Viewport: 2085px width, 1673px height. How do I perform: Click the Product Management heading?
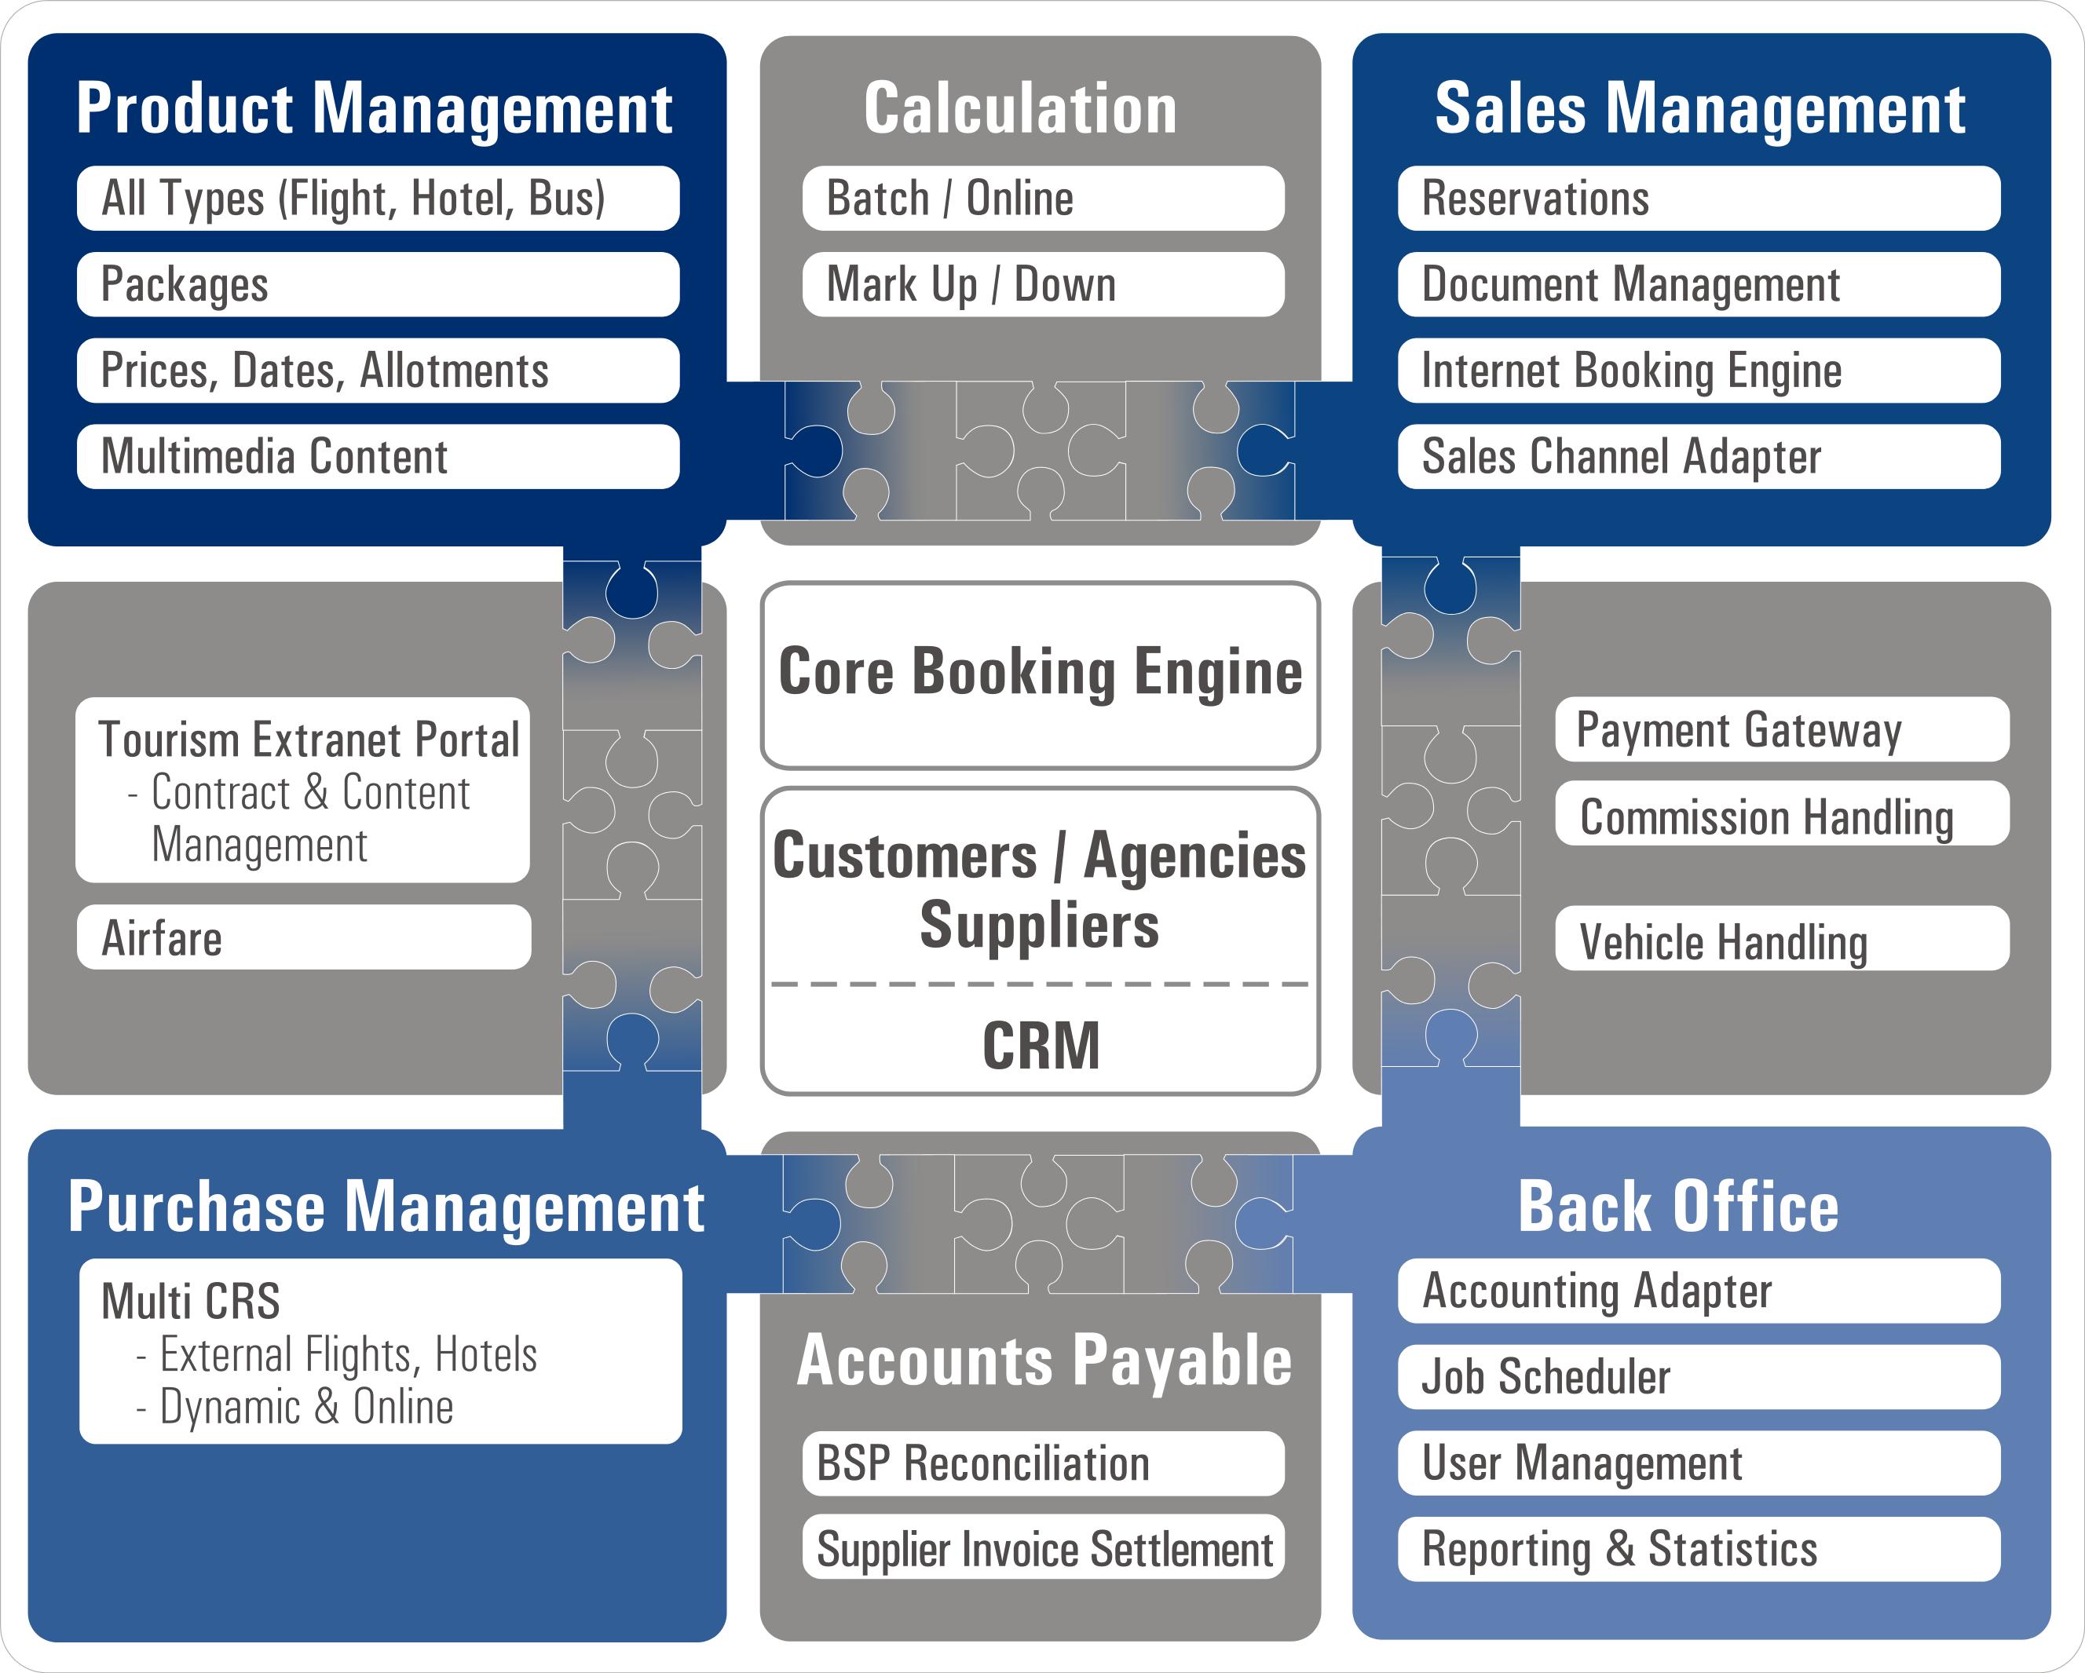pyautogui.click(x=375, y=108)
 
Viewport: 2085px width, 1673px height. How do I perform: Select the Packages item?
pyautogui.click(x=377, y=284)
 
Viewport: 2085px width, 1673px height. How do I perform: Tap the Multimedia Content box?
pyautogui.click(x=377, y=456)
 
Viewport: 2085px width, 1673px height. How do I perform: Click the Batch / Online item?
pyautogui.click(x=1043, y=199)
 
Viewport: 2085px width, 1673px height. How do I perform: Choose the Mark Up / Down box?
pyautogui.click(x=1043, y=284)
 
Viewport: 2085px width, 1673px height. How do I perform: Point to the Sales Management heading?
pyautogui.click(x=1699, y=108)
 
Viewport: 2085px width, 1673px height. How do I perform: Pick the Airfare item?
pyautogui.click(x=304, y=938)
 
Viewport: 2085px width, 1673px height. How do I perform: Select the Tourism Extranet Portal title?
pyautogui.click(x=309, y=740)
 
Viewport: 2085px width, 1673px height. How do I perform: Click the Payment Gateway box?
pyautogui.click(x=1781, y=730)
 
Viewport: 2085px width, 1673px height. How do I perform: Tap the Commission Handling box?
pyautogui.click(x=1781, y=817)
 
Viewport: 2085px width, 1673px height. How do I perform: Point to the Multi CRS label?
pyautogui.click(x=191, y=1301)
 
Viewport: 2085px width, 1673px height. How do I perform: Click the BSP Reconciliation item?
pyautogui.click(x=1043, y=1463)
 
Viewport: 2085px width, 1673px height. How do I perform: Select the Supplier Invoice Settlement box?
pyautogui.click(x=1043, y=1549)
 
